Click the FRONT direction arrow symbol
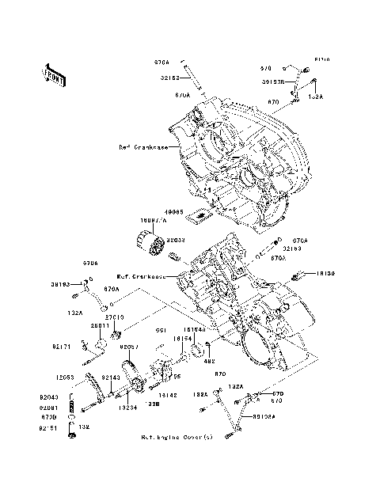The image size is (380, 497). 54,74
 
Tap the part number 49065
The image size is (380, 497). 174,212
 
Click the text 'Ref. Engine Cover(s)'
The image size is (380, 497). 177,437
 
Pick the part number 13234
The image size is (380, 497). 129,407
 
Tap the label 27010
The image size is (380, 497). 115,317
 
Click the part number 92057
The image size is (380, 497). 130,347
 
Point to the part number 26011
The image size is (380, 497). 99,325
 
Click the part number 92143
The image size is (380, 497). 111,377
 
